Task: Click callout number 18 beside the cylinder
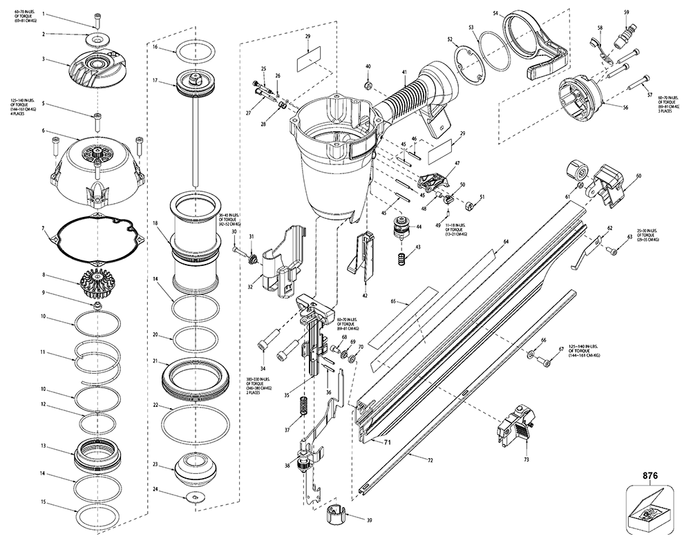point(156,223)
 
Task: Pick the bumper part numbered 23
point(193,469)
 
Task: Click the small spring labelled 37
point(303,408)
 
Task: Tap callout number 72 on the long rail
point(430,459)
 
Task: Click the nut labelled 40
point(368,85)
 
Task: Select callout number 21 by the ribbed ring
point(156,361)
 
